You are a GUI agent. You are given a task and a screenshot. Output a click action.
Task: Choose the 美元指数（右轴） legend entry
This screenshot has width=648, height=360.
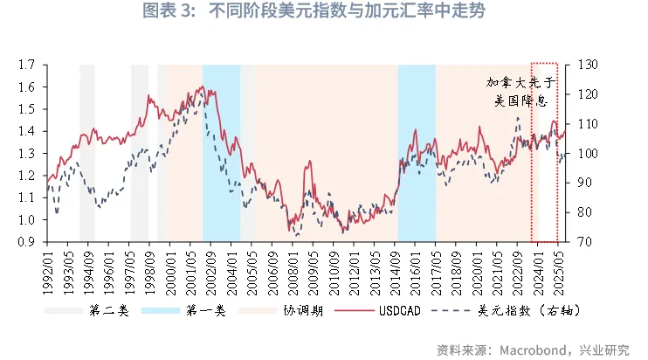coord(528,310)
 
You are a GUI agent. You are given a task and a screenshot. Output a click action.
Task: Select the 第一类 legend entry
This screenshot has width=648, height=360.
coord(208,310)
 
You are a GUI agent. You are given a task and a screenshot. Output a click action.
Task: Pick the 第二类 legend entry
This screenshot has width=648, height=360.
coord(108,310)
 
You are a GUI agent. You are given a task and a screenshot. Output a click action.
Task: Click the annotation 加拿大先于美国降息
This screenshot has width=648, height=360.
coord(520,93)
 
